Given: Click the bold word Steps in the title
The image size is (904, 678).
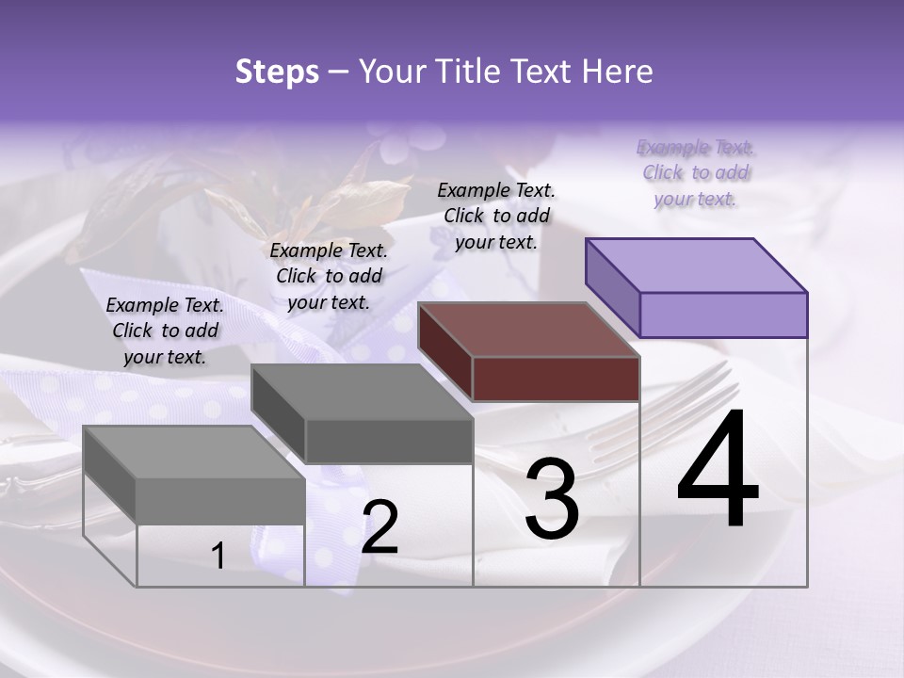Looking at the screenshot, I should (277, 72).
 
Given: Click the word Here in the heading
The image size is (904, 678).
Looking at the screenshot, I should (616, 72).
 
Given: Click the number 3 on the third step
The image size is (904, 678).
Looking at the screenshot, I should (552, 498).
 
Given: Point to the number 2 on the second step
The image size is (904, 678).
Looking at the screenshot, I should (379, 527).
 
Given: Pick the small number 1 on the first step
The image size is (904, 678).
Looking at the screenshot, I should (218, 557).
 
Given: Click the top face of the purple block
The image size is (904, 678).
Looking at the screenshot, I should (697, 265).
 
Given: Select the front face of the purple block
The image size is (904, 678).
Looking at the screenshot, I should (723, 315).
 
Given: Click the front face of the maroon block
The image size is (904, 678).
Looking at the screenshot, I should (556, 379).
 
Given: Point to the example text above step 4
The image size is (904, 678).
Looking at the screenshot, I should (695, 172).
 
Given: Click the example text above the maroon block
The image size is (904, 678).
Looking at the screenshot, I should (496, 216).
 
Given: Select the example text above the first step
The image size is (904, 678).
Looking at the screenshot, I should (165, 331).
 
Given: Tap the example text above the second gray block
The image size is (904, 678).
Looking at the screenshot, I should (329, 276).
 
